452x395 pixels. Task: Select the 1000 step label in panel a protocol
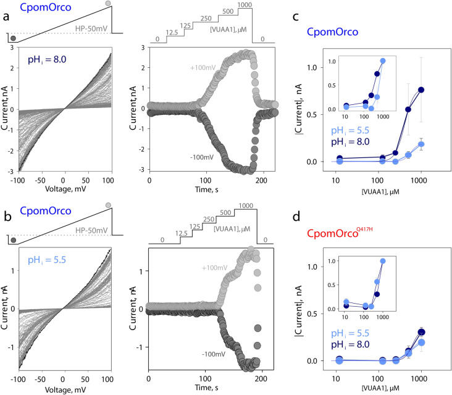245,6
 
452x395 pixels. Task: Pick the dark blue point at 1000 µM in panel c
422,89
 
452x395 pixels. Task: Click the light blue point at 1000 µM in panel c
422,144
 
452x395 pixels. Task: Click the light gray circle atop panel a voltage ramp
109,4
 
